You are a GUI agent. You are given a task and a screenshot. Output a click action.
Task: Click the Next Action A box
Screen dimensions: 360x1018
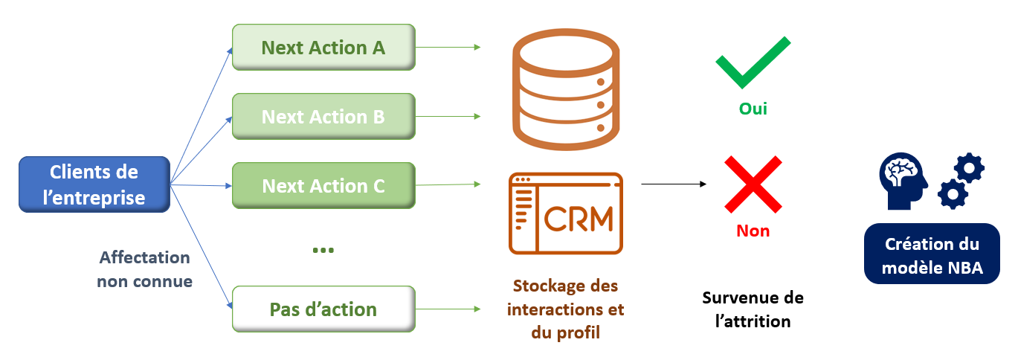pos(323,48)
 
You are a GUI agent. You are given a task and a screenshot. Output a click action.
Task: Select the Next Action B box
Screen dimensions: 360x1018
pos(323,117)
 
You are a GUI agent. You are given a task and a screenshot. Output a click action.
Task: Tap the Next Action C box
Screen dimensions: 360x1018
pos(323,185)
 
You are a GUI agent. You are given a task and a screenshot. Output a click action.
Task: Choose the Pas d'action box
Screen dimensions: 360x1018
pos(323,309)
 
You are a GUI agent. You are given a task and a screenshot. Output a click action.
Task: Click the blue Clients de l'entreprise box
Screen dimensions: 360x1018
pos(94,185)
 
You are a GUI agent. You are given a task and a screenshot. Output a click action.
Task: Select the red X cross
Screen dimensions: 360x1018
pos(753,184)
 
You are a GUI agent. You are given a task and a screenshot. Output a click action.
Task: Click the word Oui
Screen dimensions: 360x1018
pos(753,109)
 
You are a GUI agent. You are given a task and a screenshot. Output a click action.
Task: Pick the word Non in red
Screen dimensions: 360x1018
pos(753,231)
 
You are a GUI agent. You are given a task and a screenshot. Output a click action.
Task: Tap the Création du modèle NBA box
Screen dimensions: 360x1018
pos(931,255)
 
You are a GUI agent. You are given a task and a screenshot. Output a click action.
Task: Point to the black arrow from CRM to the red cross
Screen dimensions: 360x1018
pos(673,184)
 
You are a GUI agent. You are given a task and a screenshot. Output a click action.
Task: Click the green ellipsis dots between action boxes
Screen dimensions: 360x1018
pos(323,251)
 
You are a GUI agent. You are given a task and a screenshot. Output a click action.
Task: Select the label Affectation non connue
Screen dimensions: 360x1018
pos(144,269)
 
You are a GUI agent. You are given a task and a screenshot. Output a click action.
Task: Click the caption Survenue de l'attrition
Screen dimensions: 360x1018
pos(753,309)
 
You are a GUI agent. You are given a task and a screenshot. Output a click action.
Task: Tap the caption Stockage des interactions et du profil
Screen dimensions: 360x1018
pos(565,309)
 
